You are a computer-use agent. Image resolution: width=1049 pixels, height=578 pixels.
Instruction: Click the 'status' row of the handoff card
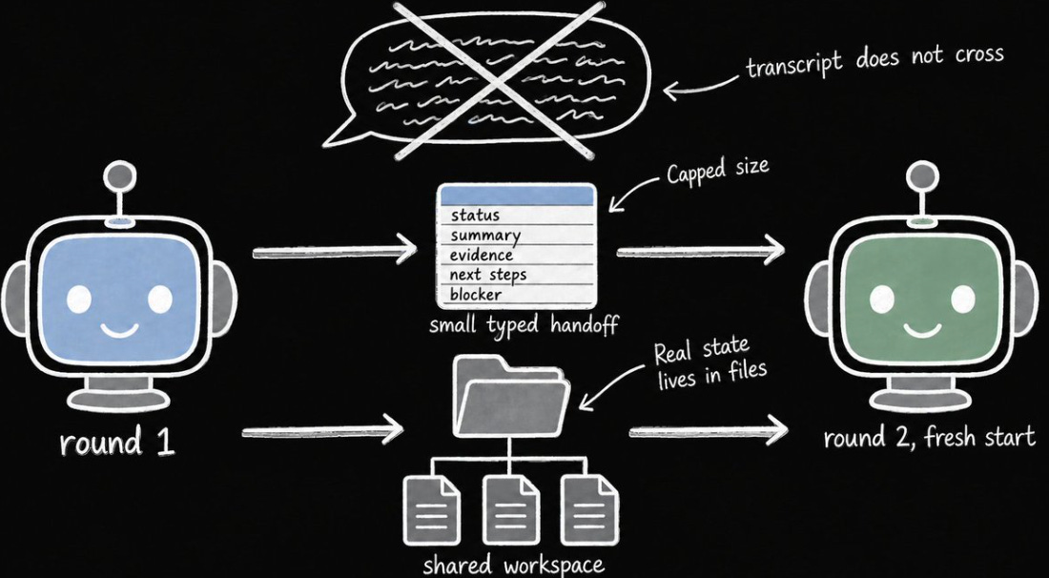tap(516, 216)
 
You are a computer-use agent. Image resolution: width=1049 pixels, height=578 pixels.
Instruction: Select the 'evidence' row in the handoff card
tap(516, 255)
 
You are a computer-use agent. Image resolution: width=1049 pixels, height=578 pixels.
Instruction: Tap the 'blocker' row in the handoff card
tap(516, 295)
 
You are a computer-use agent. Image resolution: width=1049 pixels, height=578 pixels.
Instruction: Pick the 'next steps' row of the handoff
tap(516, 275)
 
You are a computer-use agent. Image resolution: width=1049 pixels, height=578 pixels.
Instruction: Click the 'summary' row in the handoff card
tap(516, 236)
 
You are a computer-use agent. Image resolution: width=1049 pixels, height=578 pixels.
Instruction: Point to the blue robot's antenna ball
tap(120, 177)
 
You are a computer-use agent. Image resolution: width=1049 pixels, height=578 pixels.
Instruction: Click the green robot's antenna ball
tap(923, 177)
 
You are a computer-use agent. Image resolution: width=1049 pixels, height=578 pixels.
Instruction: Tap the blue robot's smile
tap(120, 329)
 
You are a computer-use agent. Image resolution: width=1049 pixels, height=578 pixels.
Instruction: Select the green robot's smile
tap(923, 329)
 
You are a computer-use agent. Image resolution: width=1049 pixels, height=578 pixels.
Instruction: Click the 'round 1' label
tap(117, 444)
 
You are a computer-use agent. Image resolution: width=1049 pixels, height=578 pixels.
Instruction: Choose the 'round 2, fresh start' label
tap(929, 439)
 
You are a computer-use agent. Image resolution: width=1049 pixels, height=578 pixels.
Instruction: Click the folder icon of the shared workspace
tap(512, 398)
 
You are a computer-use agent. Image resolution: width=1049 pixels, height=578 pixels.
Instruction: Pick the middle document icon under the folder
tap(511, 509)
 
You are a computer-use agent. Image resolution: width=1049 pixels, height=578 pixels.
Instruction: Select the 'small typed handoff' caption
tap(524, 326)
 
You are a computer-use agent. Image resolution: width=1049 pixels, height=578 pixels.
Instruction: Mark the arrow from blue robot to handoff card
tap(335, 252)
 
